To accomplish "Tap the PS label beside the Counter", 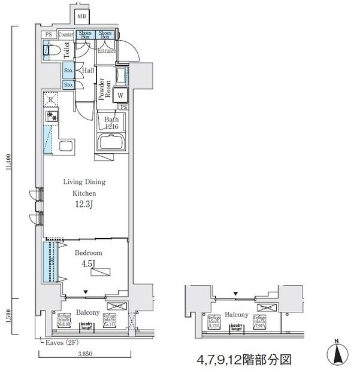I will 49,35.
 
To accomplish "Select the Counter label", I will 66,35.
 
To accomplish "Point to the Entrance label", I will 107,51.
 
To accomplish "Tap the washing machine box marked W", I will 120,95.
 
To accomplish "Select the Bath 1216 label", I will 112,123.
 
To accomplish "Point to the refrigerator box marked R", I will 52,100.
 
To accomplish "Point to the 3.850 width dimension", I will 84,355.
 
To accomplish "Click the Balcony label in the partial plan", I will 237,315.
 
